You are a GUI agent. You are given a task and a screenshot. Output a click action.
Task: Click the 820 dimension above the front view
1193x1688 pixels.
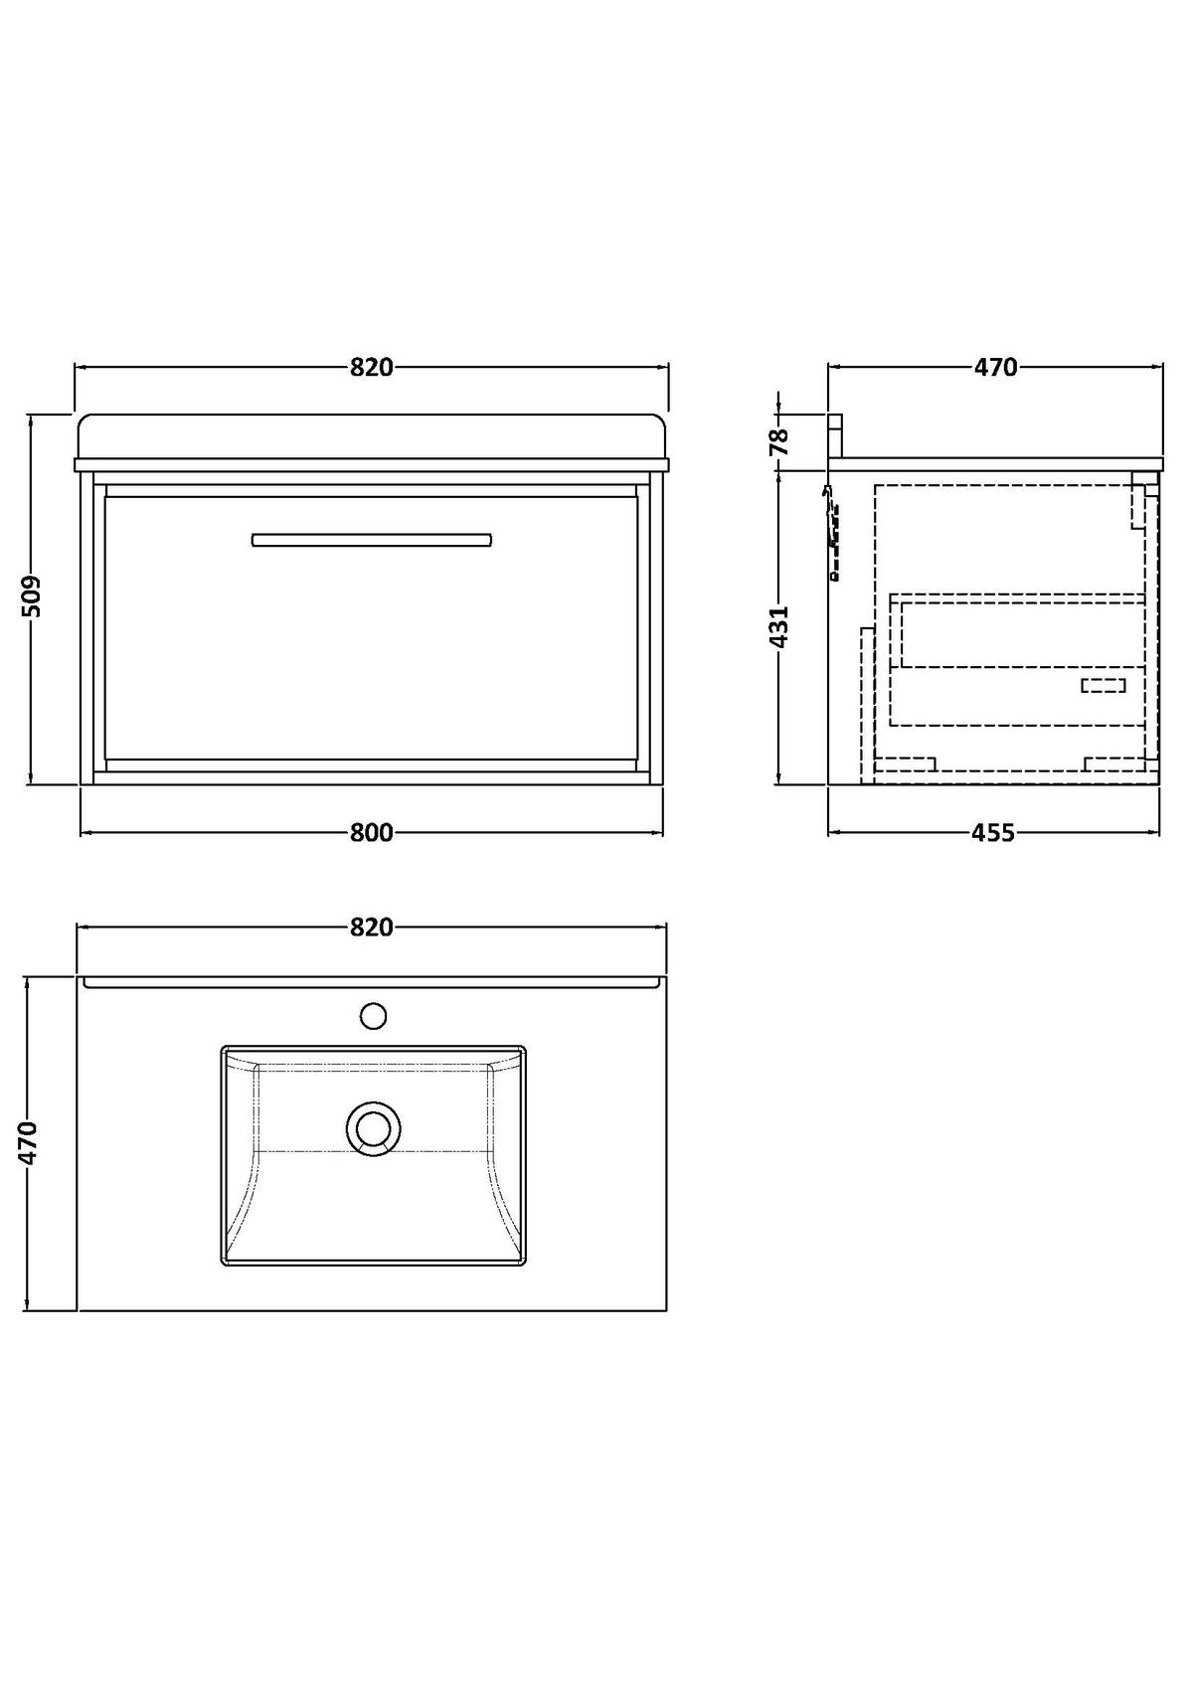372,367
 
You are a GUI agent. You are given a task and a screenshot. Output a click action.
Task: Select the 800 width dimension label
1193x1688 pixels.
372,833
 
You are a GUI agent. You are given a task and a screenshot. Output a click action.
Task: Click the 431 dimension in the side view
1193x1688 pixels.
779,627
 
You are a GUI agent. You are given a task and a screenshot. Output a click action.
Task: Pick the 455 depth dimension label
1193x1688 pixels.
993,833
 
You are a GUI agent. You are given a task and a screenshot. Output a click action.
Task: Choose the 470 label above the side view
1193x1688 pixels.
995,367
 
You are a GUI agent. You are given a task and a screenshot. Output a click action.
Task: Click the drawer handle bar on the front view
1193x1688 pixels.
372,540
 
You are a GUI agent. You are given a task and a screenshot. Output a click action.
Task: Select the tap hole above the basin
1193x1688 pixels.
373,1016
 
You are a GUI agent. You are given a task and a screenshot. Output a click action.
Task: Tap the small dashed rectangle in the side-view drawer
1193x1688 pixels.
1104,685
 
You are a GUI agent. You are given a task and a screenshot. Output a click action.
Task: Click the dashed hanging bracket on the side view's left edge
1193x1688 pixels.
831,532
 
